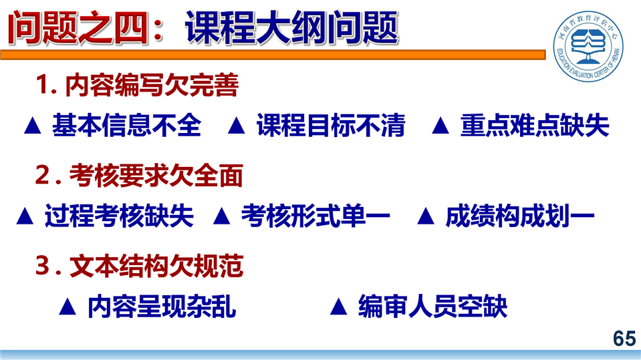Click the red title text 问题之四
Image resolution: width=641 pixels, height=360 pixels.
78,28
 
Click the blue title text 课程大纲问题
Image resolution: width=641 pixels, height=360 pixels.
291,28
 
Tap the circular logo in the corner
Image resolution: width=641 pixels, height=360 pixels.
588,46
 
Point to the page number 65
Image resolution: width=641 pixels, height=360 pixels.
624,339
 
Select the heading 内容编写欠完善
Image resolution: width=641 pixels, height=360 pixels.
152,85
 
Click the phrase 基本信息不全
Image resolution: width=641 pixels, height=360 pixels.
127,125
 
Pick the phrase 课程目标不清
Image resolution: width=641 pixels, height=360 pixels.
331,125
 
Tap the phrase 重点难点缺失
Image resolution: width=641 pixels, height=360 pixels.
535,125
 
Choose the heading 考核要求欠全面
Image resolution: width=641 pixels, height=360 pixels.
156,176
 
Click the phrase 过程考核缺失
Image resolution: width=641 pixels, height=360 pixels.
119,216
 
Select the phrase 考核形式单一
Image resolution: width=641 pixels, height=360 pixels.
315,216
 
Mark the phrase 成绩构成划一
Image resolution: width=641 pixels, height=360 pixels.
519,216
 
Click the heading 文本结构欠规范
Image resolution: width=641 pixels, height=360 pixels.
156,266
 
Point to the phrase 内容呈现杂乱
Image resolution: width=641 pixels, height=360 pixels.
162,307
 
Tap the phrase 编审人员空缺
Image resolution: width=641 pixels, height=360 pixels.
432,307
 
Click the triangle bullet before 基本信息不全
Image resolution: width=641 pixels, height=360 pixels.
33,126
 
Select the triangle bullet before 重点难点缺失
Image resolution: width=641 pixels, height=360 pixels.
440,126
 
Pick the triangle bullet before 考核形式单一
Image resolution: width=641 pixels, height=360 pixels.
221,216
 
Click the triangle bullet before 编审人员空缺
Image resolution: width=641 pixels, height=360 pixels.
338,307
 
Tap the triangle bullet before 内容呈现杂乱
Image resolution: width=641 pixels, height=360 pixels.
68,307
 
